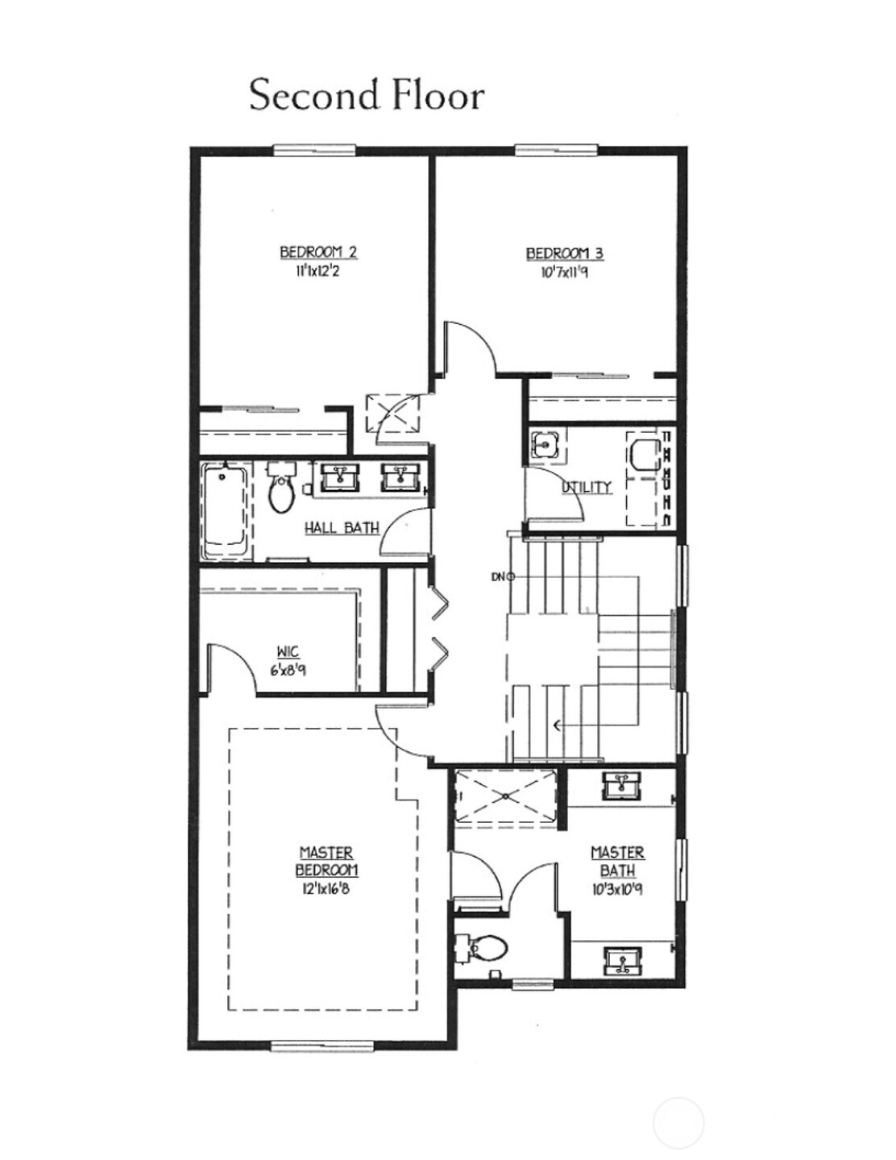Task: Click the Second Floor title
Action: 367,95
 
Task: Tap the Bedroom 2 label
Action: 318,252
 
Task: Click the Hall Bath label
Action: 342,529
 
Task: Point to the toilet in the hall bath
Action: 281,487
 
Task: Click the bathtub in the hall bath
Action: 226,512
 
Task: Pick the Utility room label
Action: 586,487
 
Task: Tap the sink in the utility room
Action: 545,444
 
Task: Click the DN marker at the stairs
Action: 503,576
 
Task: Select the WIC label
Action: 288,652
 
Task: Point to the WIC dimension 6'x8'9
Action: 288,669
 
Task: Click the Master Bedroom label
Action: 326,861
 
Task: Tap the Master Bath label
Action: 617,862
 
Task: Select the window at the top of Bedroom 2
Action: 315,149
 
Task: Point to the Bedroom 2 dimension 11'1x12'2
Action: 318,272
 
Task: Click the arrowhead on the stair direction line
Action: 558,725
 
